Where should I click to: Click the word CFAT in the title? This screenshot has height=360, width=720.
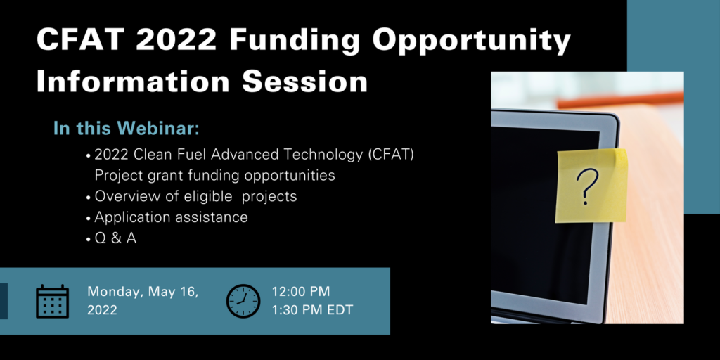(80, 40)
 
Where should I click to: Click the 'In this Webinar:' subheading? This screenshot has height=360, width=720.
(127, 129)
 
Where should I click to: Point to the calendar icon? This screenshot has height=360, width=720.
(52, 301)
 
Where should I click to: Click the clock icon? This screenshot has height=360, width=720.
(243, 301)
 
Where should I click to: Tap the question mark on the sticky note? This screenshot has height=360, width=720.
(587, 186)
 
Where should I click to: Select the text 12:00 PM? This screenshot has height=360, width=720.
(301, 292)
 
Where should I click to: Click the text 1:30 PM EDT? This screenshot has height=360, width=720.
(312, 310)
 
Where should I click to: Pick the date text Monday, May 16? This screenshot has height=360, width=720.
(143, 292)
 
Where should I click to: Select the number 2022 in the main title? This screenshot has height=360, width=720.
(176, 40)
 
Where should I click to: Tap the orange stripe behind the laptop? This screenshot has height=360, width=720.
(620, 100)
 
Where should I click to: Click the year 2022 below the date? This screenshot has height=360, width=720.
(103, 310)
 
